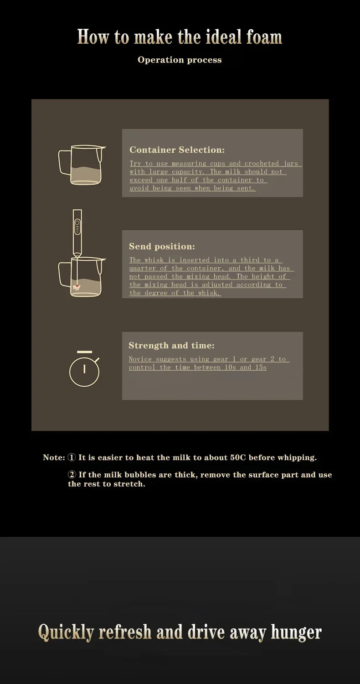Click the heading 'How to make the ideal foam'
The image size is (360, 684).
pos(180,37)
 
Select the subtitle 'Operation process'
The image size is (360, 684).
pos(180,60)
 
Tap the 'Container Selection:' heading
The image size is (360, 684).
pos(177,150)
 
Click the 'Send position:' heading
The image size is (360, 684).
pos(162,246)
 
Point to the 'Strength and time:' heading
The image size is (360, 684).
pos(171,345)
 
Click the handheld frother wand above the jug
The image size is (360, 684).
pos(77,233)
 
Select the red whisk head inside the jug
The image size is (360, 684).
pos(77,287)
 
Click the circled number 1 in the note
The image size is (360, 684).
pos(72,457)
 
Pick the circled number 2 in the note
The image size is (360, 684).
pos(72,475)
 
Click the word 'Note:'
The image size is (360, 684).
pos(54,457)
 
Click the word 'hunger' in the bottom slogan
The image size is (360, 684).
pos(296,632)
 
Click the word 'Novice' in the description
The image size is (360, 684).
pos(140,359)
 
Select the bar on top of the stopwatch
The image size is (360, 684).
pos(84,352)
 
